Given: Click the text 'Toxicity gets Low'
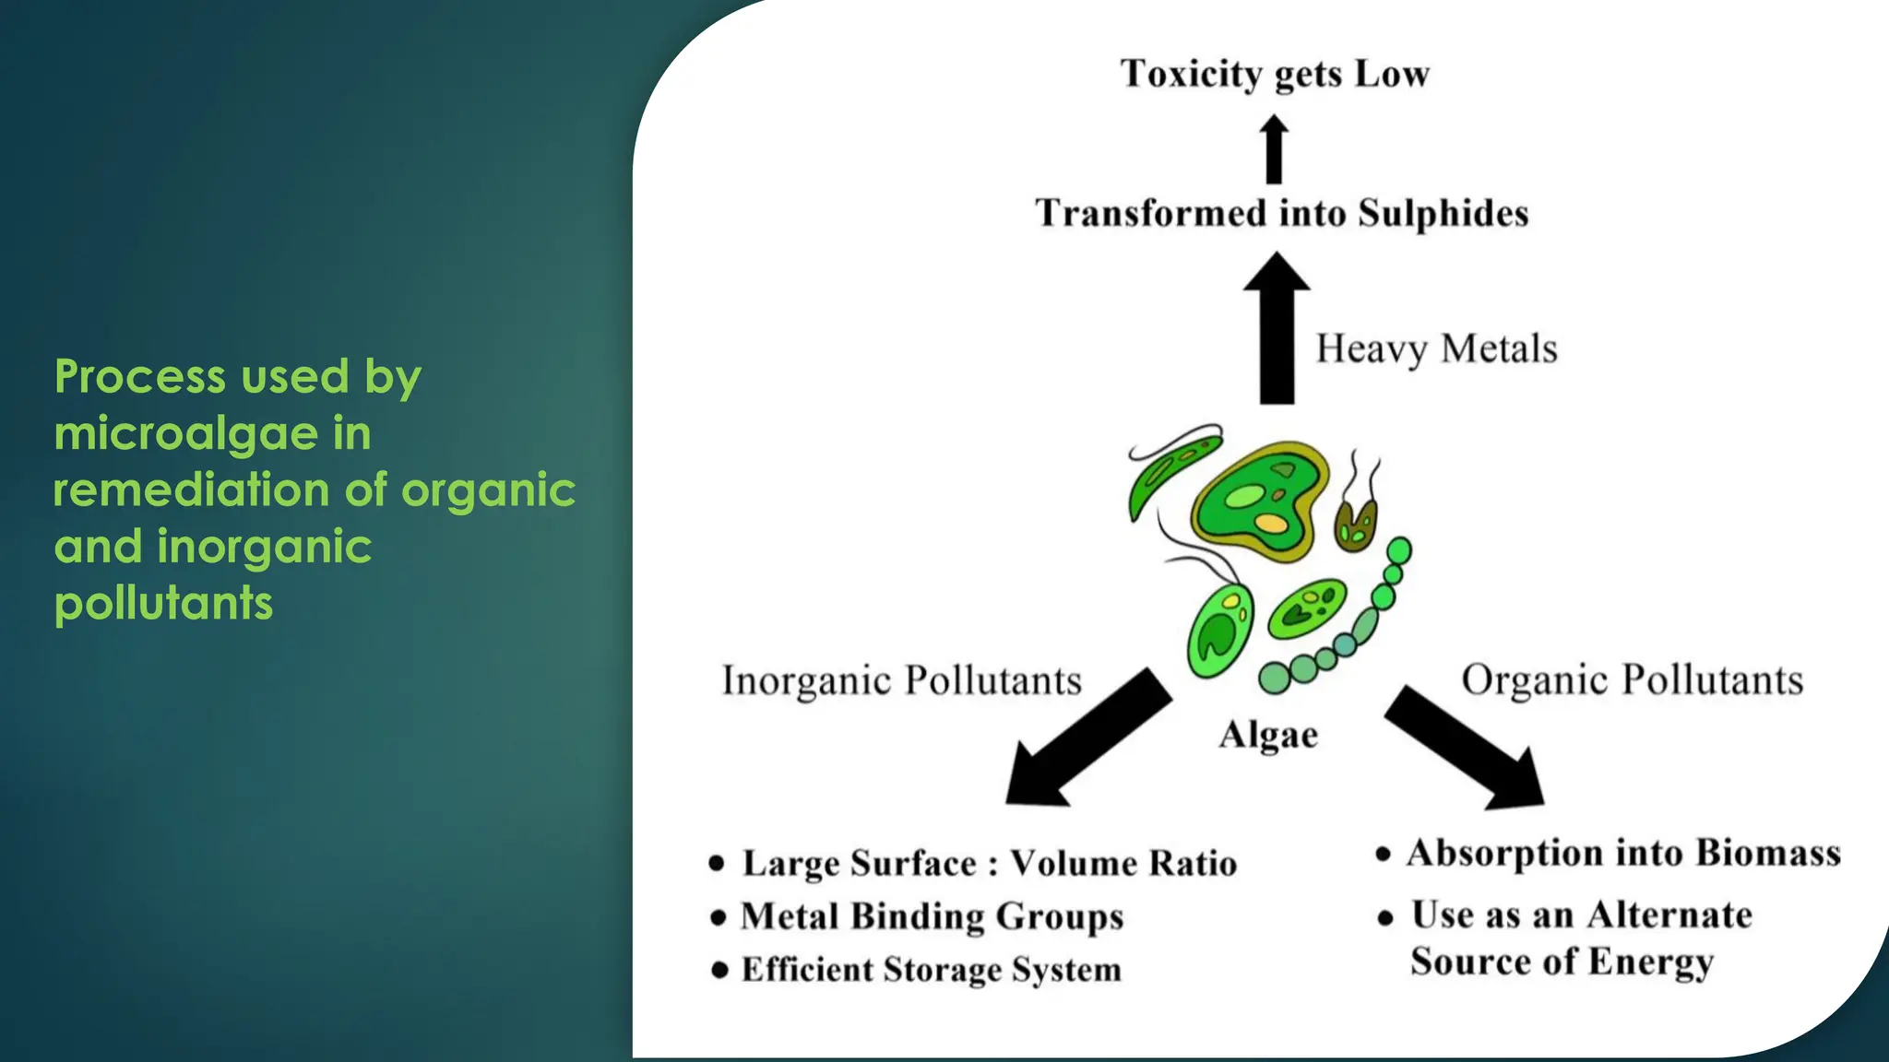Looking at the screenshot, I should coord(1275,75).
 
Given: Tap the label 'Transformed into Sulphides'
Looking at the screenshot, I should coord(1281,213).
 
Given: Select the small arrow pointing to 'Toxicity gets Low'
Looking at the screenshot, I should coord(1274,149).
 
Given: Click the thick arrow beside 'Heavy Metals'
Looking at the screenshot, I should coord(1277,332).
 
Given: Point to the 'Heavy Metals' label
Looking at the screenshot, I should coord(1436,349).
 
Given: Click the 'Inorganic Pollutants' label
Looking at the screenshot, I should coord(901,681).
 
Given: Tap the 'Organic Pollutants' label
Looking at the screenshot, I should coord(1632,680).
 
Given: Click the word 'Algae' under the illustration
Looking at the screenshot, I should coord(1268,736).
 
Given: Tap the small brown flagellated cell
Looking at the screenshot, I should coord(1356,525).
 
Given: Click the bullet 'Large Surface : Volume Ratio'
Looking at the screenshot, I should coord(989,864).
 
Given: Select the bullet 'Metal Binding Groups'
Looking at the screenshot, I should coord(932,917).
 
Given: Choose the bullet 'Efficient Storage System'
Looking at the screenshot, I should coord(931,970).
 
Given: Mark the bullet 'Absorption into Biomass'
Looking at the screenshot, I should coord(1622,854).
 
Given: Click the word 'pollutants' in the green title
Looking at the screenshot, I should coord(164,604).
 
